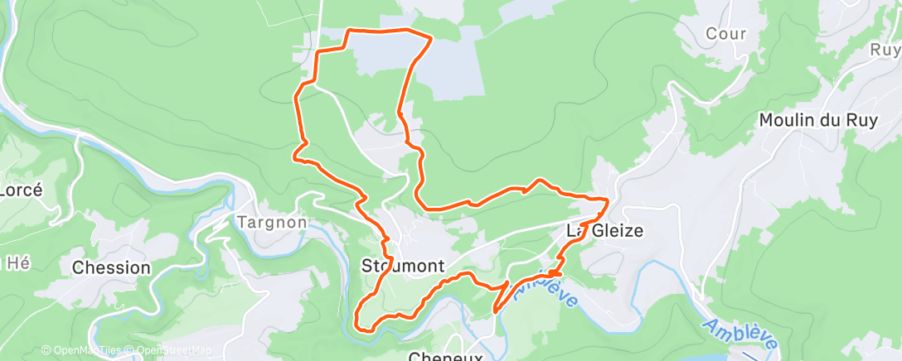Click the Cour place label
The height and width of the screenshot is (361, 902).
726,35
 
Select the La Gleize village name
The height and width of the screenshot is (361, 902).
604,231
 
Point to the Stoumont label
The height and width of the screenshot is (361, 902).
404,267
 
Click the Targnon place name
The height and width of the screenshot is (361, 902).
272,223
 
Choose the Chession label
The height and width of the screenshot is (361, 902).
111,268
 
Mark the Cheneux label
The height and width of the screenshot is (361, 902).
446,356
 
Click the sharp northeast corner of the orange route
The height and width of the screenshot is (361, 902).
432,37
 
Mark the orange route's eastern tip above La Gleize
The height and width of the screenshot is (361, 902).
608,200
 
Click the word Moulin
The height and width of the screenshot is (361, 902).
788,120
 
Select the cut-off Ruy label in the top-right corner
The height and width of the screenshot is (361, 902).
885,50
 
